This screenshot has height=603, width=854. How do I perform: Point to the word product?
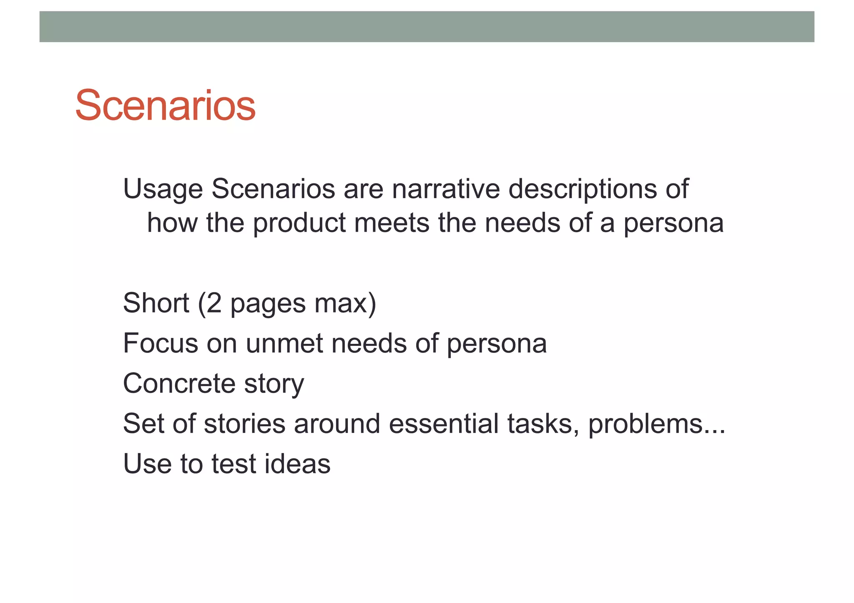tap(299, 223)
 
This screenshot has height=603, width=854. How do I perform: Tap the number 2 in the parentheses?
tap(213, 303)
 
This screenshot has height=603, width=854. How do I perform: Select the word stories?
tap(244, 423)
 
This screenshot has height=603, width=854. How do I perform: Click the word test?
tap(234, 464)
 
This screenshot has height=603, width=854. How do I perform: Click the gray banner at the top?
tap(427, 27)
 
